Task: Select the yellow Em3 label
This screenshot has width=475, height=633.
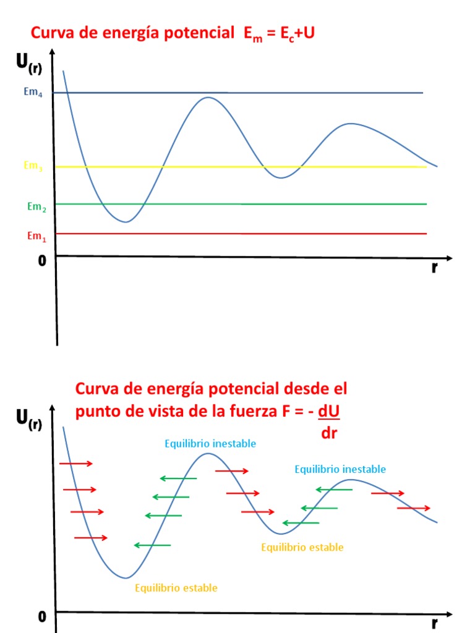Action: click(x=33, y=166)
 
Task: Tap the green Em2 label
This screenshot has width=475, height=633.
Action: click(x=36, y=207)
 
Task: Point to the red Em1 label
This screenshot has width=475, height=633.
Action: click(x=36, y=236)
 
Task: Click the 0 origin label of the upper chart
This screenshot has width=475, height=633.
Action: click(x=42, y=261)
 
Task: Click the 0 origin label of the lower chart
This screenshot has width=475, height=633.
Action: click(x=42, y=616)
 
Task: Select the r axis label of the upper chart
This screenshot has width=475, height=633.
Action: click(x=435, y=268)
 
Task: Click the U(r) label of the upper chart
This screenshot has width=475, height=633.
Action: click(x=28, y=64)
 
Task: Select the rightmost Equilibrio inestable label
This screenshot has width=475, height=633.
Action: click(x=340, y=469)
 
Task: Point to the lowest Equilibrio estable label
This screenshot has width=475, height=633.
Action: click(x=176, y=588)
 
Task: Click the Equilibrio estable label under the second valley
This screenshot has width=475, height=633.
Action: click(x=302, y=547)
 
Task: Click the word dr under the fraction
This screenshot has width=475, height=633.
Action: click(x=329, y=433)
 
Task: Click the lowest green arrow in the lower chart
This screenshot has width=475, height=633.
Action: click(x=152, y=545)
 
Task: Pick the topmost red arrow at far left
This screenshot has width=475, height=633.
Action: click(x=76, y=463)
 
